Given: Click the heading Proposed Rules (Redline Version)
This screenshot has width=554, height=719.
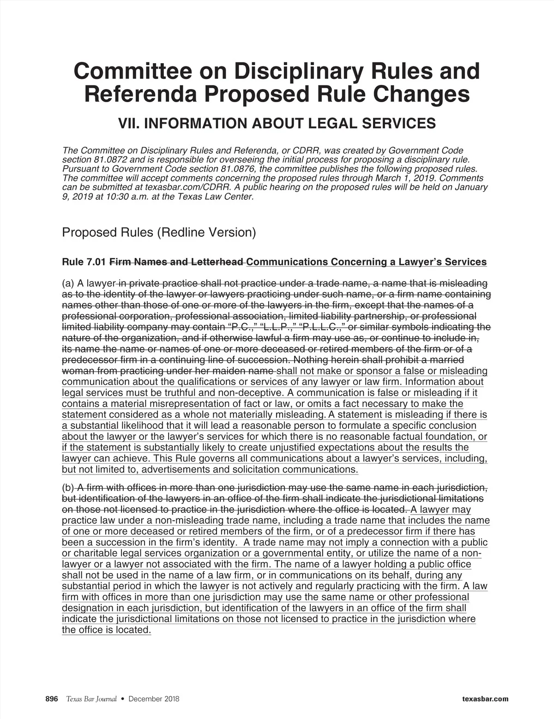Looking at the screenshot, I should pos(159,232).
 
